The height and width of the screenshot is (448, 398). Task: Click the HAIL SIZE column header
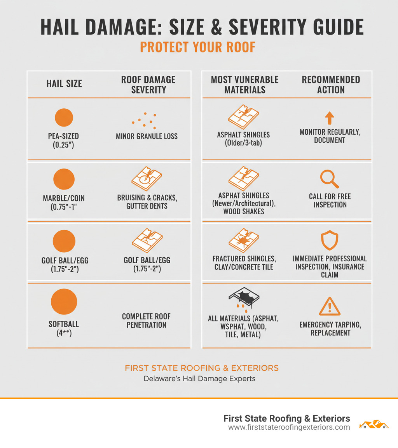pos(64,83)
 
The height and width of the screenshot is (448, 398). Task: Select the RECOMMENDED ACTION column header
pos(331,85)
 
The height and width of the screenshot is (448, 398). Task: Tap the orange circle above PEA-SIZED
pos(64,117)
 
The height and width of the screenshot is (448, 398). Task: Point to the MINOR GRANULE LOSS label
pos(147,136)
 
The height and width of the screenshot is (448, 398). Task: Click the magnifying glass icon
pos(329,179)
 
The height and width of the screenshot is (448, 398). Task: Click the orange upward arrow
pos(329,118)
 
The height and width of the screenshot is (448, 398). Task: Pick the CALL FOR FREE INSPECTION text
pos(330,201)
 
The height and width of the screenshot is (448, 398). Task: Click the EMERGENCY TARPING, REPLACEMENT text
pos(330,329)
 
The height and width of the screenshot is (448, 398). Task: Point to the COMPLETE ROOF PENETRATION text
pos(146,320)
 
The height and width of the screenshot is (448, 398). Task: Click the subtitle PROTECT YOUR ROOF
pos(197,47)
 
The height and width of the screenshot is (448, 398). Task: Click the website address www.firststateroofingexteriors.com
pos(289,427)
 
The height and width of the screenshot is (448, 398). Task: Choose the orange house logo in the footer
pos(374,424)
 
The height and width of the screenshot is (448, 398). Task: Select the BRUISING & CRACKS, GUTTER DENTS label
pos(147,202)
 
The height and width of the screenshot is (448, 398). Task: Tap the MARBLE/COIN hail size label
pos(64,202)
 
